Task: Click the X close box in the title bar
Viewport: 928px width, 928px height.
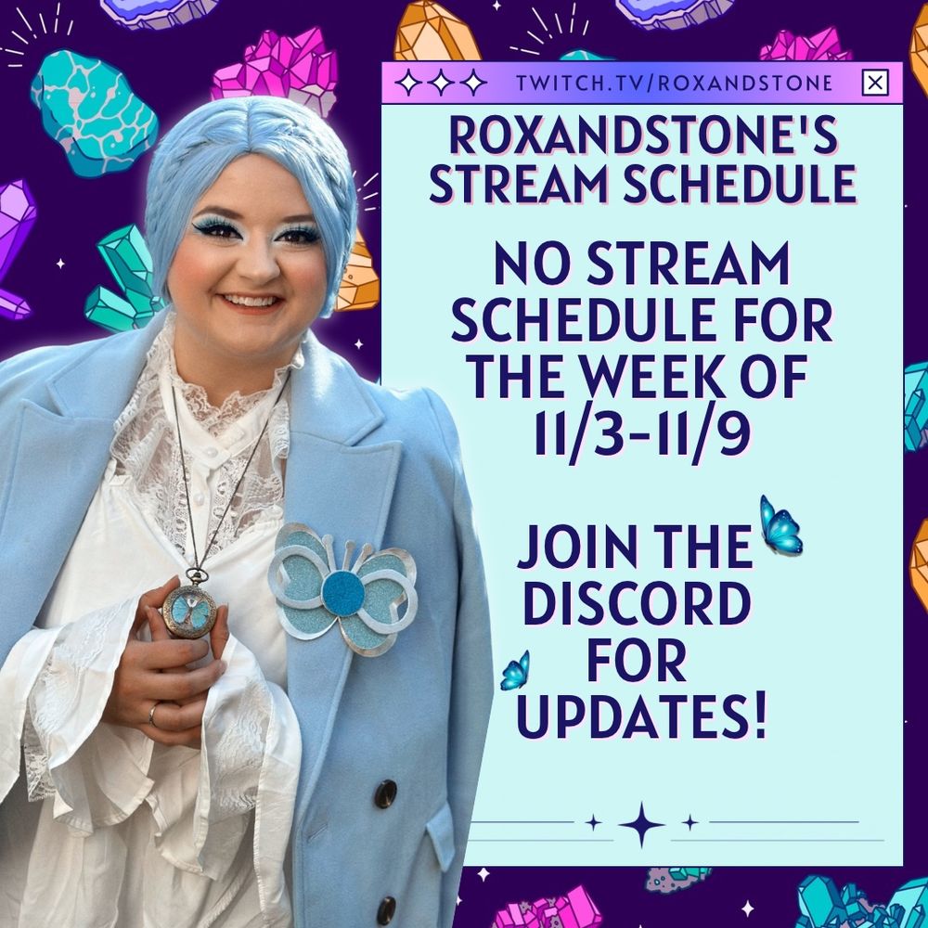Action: tap(875, 83)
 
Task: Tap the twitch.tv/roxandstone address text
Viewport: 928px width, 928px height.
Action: tap(675, 83)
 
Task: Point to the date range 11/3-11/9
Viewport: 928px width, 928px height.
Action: tap(642, 432)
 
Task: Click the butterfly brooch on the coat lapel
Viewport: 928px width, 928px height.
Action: tap(342, 588)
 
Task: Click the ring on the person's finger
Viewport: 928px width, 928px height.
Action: tap(153, 714)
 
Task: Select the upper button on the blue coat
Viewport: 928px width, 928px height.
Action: tap(385, 793)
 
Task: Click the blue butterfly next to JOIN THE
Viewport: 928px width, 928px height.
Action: tap(780, 525)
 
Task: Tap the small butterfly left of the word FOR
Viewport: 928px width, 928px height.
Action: tap(515, 671)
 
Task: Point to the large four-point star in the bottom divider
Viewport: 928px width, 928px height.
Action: tap(641, 824)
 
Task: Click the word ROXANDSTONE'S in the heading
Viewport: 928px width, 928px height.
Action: tap(643, 136)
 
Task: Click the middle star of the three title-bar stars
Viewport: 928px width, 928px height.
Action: tap(441, 83)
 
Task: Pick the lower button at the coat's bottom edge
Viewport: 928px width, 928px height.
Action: tap(385, 910)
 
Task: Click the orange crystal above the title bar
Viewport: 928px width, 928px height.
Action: tap(437, 34)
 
